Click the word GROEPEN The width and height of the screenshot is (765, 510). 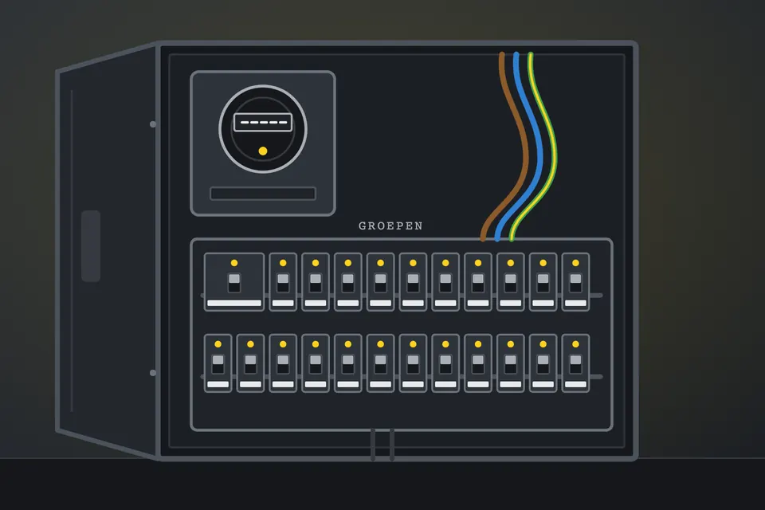(x=390, y=226)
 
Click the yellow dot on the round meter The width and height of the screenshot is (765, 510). (x=263, y=151)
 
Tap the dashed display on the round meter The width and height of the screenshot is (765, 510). (x=263, y=122)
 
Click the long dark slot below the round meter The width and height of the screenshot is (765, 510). (x=263, y=194)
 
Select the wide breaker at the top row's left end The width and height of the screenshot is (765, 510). (x=234, y=281)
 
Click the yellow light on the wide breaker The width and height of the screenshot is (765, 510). (x=234, y=263)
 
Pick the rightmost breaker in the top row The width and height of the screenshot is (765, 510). (x=575, y=281)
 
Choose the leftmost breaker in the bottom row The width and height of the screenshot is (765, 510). (x=218, y=363)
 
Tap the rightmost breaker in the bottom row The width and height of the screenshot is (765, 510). (x=575, y=363)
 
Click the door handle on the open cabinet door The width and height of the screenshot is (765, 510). (x=91, y=246)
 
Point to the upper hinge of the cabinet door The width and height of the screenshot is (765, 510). (x=153, y=124)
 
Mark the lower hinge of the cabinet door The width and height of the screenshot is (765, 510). (x=153, y=373)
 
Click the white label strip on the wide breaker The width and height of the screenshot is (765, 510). (x=234, y=303)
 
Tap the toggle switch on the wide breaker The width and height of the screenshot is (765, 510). (x=234, y=283)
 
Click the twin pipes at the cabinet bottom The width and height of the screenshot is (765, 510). (x=382, y=444)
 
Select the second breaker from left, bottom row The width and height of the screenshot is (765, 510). (x=250, y=363)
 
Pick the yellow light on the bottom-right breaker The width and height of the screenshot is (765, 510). (x=575, y=344)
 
